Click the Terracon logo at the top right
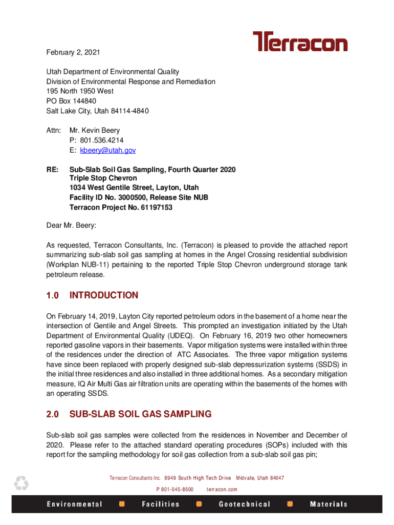tap(300, 42)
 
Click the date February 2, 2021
tap(73, 52)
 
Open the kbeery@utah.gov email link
tap(106, 150)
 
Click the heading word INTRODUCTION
tap(104, 295)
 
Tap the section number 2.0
tap(53, 414)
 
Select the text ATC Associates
tap(203, 354)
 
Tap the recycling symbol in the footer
tap(21, 483)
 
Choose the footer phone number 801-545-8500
tap(175, 489)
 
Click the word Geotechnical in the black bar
tap(245, 504)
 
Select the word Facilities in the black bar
tap(161, 504)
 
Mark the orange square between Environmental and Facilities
tap(122, 504)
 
